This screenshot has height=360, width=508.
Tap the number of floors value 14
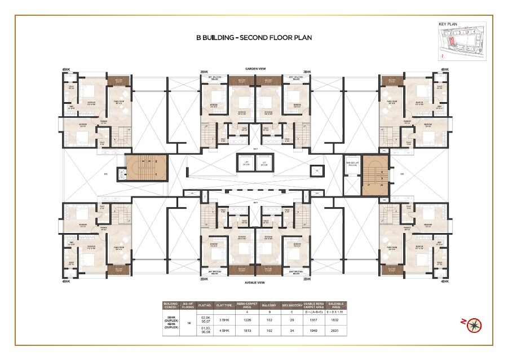point(189,325)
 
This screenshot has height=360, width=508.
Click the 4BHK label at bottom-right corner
point(444,280)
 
